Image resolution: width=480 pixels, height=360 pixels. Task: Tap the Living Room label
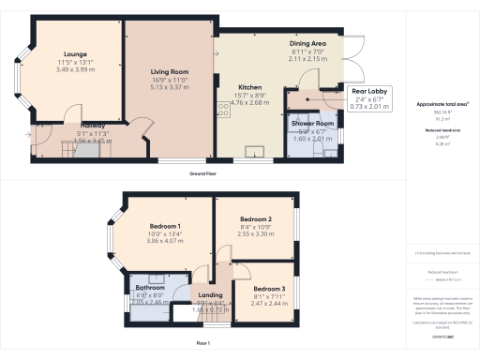click(171, 72)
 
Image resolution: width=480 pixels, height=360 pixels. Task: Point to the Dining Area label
click(307, 44)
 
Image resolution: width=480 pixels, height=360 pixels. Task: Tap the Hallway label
click(92, 126)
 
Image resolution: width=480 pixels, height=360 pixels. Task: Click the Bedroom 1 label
click(165, 226)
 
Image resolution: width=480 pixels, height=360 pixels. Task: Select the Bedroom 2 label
click(256, 219)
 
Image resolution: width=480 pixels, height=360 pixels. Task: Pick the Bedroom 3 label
click(269, 289)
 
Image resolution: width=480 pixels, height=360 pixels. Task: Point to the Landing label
click(210, 295)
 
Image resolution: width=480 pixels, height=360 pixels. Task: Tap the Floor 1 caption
click(202, 344)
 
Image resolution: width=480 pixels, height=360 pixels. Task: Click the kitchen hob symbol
click(224, 109)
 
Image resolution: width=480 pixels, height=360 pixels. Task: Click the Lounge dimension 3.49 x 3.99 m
click(75, 70)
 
